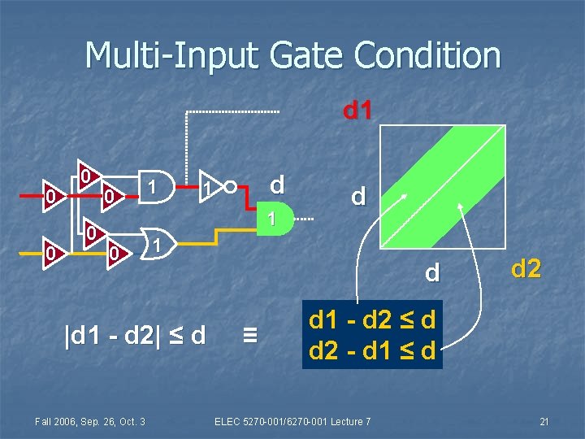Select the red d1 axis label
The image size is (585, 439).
pyautogui.click(x=358, y=110)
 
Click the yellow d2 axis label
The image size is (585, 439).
pyautogui.click(x=526, y=267)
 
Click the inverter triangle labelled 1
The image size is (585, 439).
pyautogui.click(x=211, y=189)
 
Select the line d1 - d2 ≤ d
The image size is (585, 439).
pyautogui.click(x=373, y=320)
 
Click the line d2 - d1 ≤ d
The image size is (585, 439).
pyautogui.click(x=373, y=350)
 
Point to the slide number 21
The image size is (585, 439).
pyautogui.click(x=545, y=420)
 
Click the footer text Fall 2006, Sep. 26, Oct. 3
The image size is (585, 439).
pyautogui.click(x=90, y=420)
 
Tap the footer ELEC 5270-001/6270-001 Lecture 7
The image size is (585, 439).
pyautogui.click(x=292, y=420)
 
